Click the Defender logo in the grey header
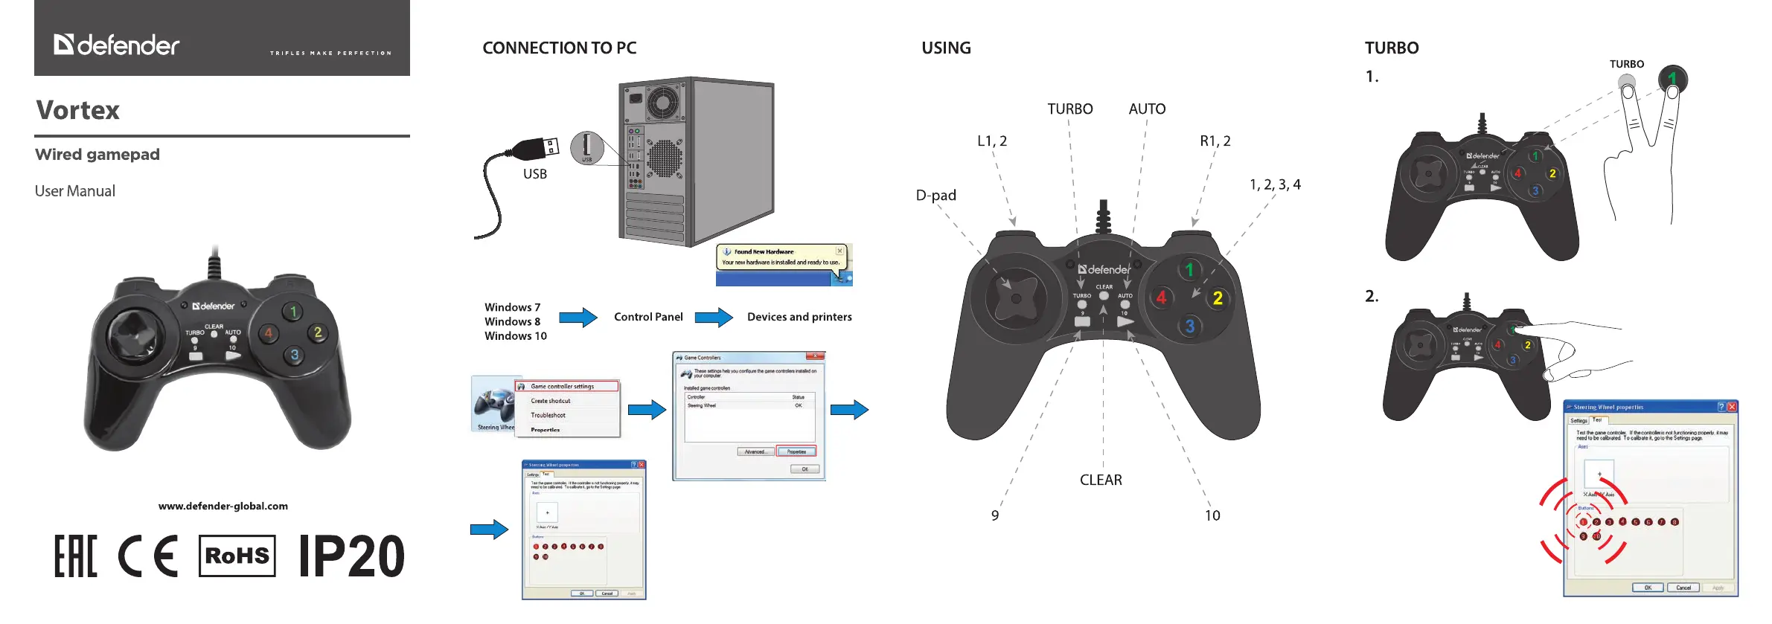(x=117, y=45)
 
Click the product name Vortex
(x=78, y=111)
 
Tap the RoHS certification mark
(x=237, y=556)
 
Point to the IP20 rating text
(x=351, y=556)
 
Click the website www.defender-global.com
(x=223, y=506)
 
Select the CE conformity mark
(x=148, y=556)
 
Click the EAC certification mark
(x=75, y=556)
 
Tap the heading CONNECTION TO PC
(x=559, y=48)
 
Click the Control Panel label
(x=648, y=317)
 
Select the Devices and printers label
(x=799, y=317)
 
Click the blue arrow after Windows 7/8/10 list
(x=578, y=318)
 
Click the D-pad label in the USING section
(x=935, y=196)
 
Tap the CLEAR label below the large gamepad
(x=1101, y=480)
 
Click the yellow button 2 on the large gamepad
(x=1218, y=298)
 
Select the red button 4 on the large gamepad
(x=1161, y=297)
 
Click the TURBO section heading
(x=1391, y=48)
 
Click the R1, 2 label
(x=1215, y=141)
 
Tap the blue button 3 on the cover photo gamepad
(x=295, y=355)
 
